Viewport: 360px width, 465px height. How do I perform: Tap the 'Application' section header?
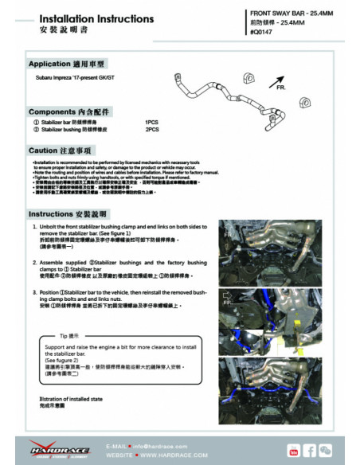[67, 64]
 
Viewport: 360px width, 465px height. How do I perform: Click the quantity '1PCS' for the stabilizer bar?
[152, 123]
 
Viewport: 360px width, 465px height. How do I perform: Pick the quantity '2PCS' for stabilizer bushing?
[152, 128]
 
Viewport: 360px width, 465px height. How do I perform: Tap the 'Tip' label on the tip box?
[69, 336]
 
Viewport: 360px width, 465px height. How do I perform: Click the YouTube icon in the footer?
[294, 451]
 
